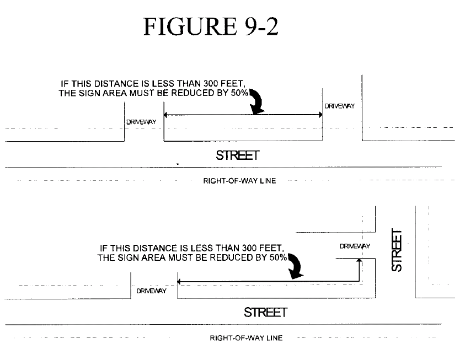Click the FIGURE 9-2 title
pos(211,26)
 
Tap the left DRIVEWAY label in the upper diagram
pos(140,121)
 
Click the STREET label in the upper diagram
pos(237,155)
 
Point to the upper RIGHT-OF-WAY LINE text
pos(239,181)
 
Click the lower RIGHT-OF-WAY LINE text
pos(246,337)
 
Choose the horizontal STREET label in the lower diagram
pos(265,312)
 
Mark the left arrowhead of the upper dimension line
pos(167,115)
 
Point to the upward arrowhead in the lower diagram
pos(359,261)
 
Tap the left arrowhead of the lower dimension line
pos(180,282)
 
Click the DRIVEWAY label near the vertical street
pos(355,246)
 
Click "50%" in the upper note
pos(239,93)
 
